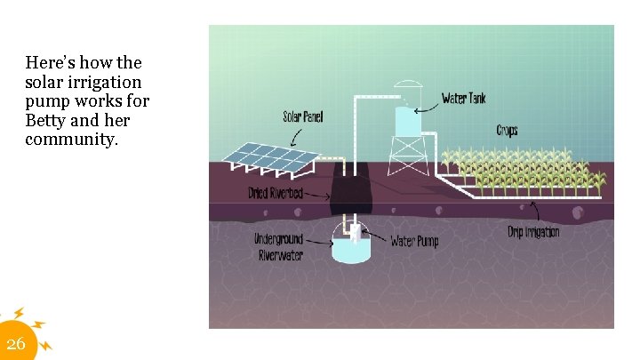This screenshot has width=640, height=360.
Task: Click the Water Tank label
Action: [463, 98]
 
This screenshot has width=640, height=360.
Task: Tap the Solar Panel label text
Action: [303, 116]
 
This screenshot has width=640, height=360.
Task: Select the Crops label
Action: [507, 131]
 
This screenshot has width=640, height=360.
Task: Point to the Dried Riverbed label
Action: [276, 193]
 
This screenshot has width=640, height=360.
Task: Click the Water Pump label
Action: [414, 241]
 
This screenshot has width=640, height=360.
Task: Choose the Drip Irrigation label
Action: [533, 232]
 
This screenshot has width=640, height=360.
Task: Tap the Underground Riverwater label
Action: [279, 247]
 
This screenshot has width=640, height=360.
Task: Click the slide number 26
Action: [16, 344]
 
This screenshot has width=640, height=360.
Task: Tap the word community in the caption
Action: [71, 140]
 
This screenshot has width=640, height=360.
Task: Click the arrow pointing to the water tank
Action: [428, 102]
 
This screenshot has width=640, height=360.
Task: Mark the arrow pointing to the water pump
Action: [376, 238]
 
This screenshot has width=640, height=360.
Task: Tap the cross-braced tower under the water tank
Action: [409, 156]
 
